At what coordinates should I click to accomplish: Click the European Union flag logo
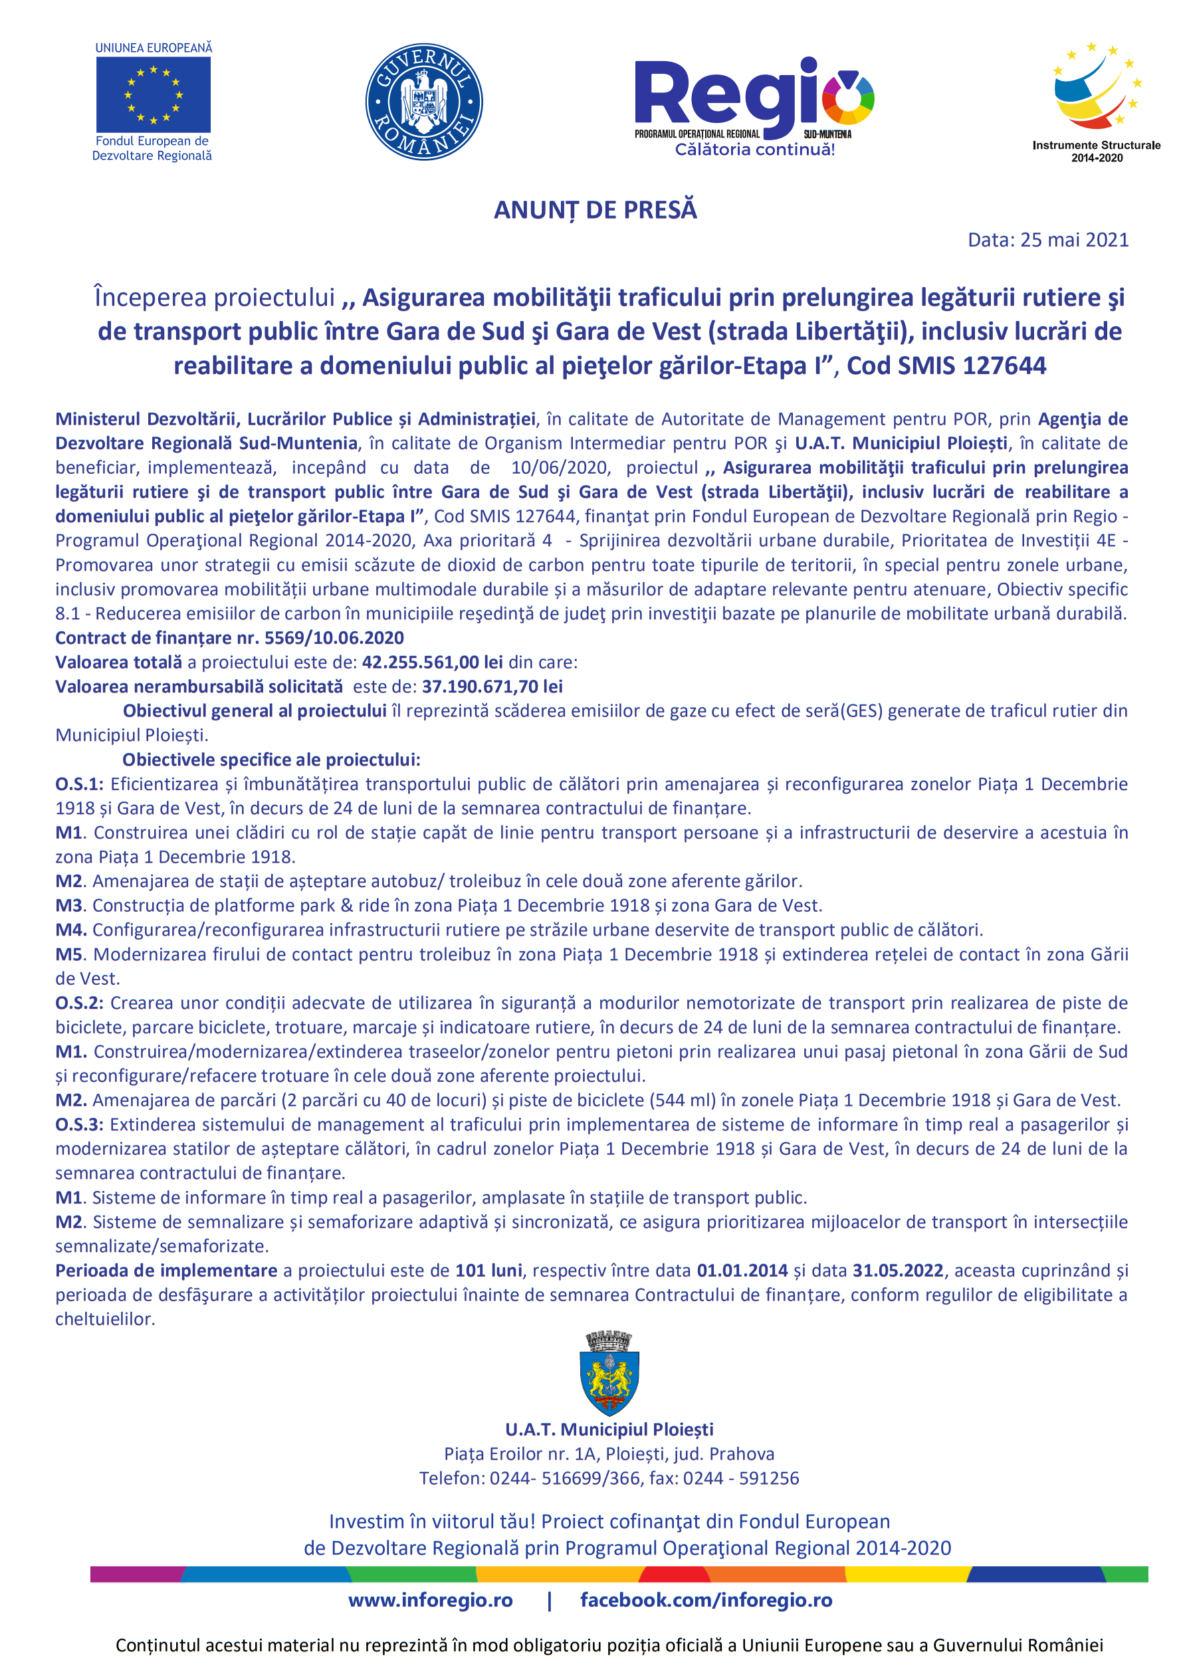(154, 94)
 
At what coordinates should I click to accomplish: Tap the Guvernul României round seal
(424, 102)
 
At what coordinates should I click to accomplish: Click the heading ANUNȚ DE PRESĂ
(595, 209)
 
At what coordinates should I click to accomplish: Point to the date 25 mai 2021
(1074, 240)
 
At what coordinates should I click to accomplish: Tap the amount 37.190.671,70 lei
(492, 686)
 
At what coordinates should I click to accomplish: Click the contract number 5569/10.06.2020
(334, 638)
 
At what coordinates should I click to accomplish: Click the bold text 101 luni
(488, 1270)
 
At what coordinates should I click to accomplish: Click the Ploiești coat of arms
(609, 1373)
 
